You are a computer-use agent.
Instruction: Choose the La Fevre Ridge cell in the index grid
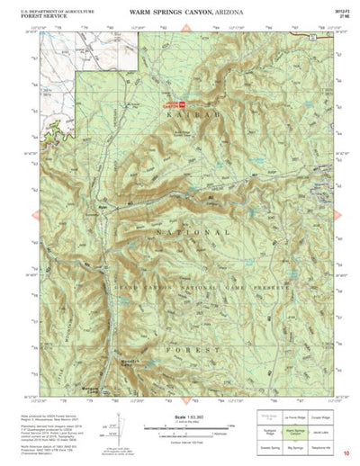(x=293, y=418)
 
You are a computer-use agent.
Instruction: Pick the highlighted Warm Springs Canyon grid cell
(x=293, y=431)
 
